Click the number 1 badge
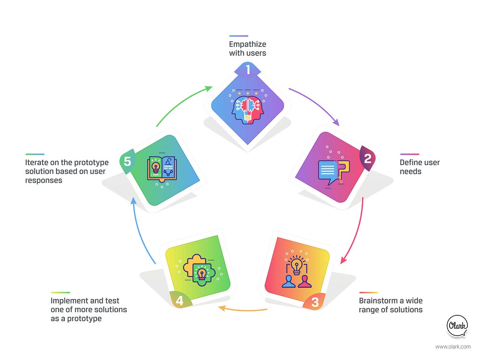coord(248,69)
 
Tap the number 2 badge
coord(367,159)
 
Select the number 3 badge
coord(315,302)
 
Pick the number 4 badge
coord(179,301)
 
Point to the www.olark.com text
coord(453,347)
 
